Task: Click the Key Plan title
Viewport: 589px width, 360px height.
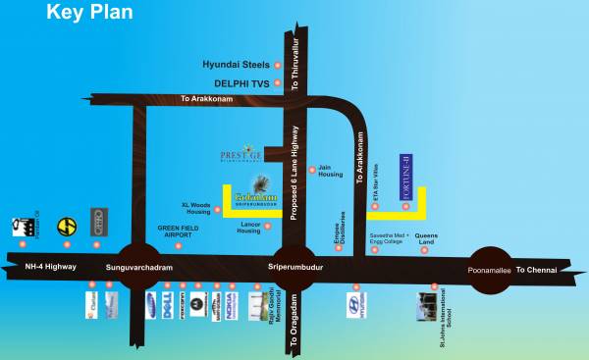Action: [x=89, y=13]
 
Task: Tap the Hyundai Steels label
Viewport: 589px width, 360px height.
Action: [x=236, y=64]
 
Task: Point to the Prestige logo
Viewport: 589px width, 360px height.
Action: [x=241, y=155]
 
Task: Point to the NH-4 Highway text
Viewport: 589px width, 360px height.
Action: [x=49, y=267]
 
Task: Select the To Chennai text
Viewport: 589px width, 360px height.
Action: [x=536, y=269]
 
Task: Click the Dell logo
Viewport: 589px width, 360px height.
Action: [x=173, y=306]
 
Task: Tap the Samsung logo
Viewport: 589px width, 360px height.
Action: [x=151, y=305]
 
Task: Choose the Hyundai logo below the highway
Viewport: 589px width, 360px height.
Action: [x=355, y=306]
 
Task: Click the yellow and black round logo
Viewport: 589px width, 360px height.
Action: [x=67, y=225]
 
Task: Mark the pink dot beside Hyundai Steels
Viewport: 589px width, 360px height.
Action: [x=278, y=64]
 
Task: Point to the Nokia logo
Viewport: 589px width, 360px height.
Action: [x=229, y=306]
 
